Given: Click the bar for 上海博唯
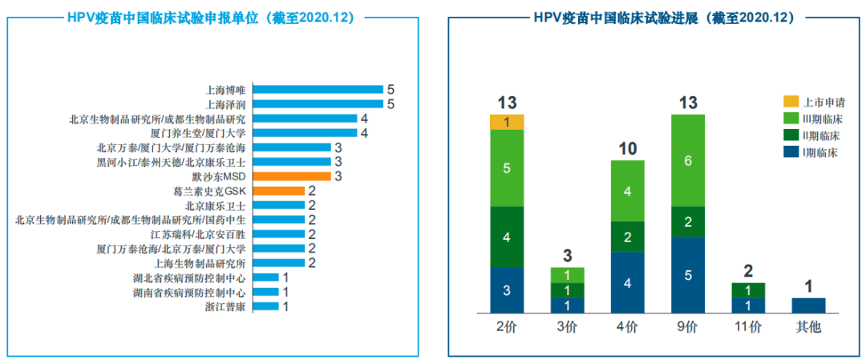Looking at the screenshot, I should click(x=318, y=90).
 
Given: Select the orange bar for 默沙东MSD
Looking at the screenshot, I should click(x=292, y=176).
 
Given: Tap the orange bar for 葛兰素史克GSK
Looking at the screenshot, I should click(x=279, y=191).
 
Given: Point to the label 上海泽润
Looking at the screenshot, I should click(x=225, y=104).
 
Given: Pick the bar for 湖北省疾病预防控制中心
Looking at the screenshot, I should click(x=266, y=277).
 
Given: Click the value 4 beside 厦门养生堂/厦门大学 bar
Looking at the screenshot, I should click(x=364, y=133).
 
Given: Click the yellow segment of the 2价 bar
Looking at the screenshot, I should click(x=507, y=122).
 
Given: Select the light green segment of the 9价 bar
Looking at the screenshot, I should click(x=687, y=160).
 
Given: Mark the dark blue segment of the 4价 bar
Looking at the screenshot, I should click(x=628, y=282).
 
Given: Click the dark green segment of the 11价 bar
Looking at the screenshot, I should click(x=748, y=290).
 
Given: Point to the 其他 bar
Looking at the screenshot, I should click(x=808, y=305).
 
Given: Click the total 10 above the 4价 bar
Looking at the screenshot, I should click(x=628, y=149).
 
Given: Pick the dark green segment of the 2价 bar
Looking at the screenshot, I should click(x=507, y=237).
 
